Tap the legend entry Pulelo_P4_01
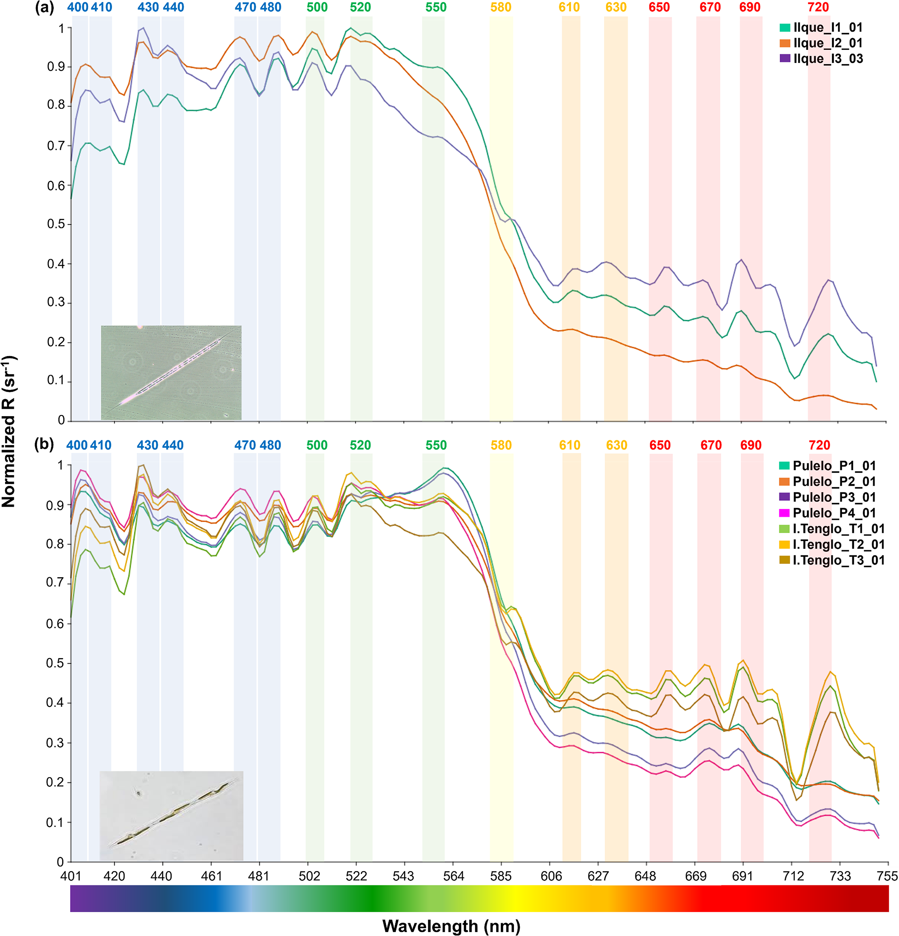[833, 513]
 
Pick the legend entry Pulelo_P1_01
[833, 466]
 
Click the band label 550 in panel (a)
[436, 8]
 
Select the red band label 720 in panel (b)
[819, 445]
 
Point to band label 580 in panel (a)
[500, 8]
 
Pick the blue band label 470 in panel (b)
[245, 445]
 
